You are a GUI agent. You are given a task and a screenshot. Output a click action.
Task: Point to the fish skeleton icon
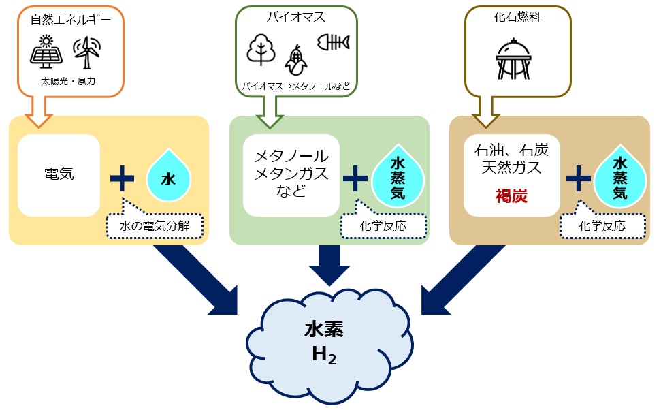click(333, 42)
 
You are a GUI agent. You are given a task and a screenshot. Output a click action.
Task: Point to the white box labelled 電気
click(59, 175)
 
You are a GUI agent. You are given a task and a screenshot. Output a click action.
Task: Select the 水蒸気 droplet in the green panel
click(398, 178)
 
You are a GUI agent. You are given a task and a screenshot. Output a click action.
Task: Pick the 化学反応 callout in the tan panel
click(602, 225)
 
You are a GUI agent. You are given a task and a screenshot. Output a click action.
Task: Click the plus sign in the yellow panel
click(123, 178)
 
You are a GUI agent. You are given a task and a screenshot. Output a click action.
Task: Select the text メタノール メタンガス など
click(291, 174)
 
